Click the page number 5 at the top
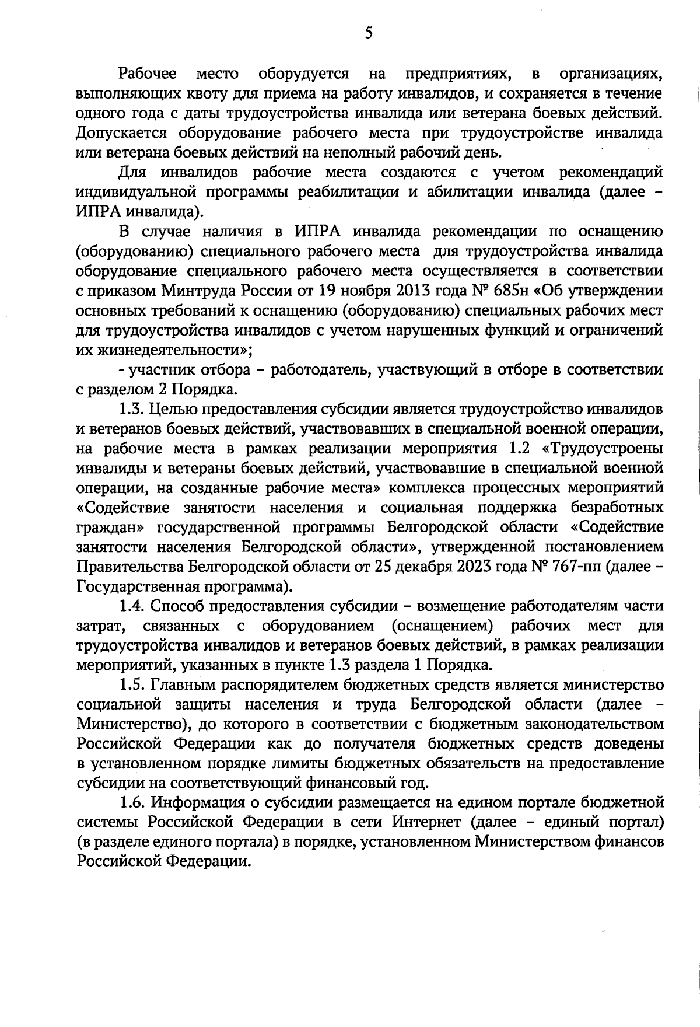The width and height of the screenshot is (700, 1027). pyautogui.click(x=368, y=33)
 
